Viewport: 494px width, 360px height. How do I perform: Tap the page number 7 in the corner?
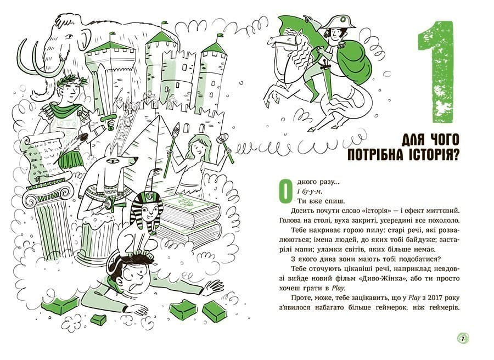463,339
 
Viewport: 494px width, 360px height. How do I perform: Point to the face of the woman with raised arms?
199,148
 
